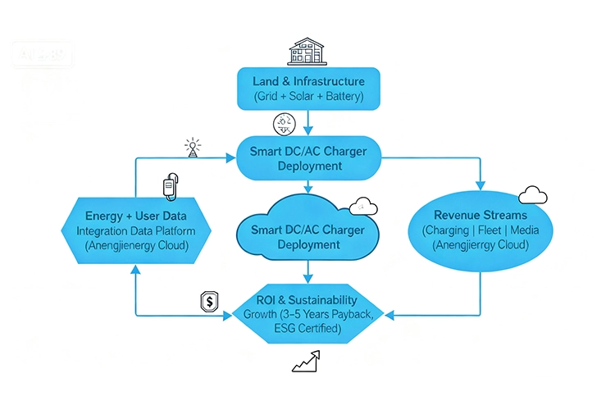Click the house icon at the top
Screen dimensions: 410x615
pos(306,51)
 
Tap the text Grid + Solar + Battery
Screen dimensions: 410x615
pos(307,98)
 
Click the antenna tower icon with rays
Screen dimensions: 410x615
pos(193,148)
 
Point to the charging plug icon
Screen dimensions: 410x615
pos(169,187)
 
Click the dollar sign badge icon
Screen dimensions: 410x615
pos(209,302)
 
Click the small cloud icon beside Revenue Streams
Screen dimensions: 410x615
pos(533,194)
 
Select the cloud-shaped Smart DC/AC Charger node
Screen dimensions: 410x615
pos(307,231)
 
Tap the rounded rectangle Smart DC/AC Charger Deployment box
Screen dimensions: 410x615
pos(307,158)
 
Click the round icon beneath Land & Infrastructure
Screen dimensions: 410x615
pos(283,125)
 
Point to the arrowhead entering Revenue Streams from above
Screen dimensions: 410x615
pos(480,184)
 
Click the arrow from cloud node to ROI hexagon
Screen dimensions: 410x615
pos(307,273)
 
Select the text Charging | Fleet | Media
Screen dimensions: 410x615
pos(480,231)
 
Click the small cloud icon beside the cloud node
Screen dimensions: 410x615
pos(358,206)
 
